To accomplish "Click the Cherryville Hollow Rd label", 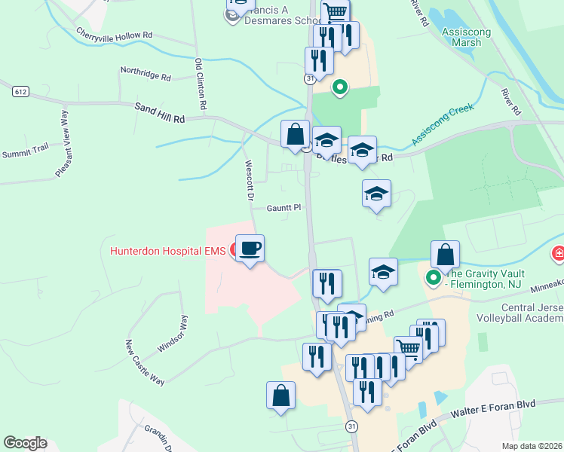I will [x=115, y=35].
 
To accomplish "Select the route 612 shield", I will [x=20, y=92].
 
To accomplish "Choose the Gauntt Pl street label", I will [x=284, y=208].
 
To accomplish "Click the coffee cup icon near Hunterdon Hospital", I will [x=250, y=247].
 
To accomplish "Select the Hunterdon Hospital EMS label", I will [x=168, y=251].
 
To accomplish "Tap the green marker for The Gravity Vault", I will [x=434, y=279].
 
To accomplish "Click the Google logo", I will [x=25, y=443].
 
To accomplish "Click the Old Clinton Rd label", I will [x=200, y=84].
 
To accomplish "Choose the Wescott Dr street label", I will [x=248, y=180].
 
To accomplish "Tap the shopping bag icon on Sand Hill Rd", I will [x=295, y=134].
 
